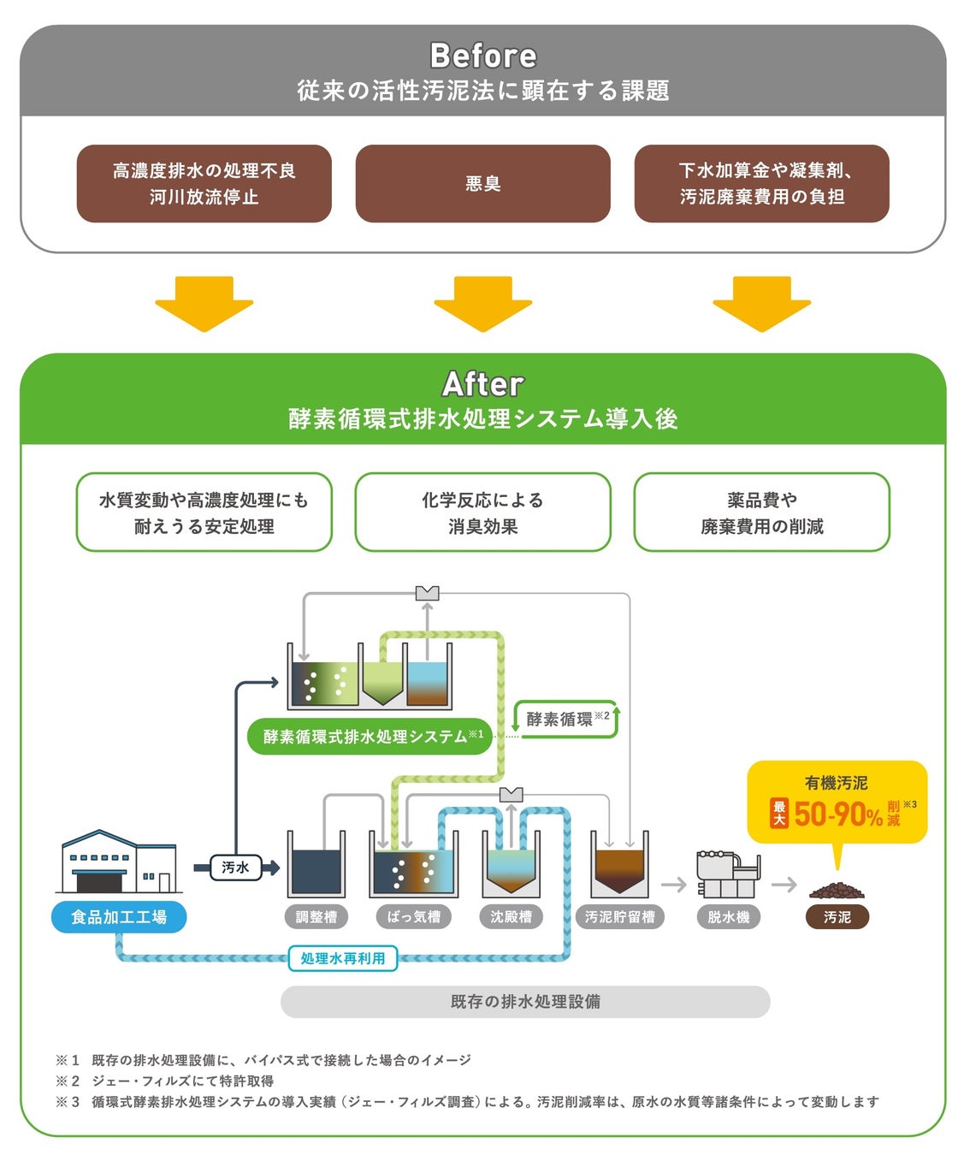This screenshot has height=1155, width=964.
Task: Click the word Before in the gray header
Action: click(482, 56)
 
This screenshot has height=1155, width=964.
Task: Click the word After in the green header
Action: click(482, 384)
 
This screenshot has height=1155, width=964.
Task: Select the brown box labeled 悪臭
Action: click(482, 184)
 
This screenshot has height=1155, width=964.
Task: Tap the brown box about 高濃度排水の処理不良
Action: click(204, 184)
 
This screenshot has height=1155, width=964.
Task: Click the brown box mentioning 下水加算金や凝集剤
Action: click(761, 184)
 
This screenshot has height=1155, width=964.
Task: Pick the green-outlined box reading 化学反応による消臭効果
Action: click(482, 512)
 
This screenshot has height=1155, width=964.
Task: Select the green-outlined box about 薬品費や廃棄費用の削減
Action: click(761, 512)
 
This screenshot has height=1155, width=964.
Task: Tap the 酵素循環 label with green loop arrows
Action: click(565, 720)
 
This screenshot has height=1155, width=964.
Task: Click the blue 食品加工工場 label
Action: click(119, 917)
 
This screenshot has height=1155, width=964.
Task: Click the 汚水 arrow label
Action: click(235, 868)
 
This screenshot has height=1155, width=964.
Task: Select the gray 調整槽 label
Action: click(316, 917)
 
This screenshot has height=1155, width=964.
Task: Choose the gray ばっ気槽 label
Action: click(414, 917)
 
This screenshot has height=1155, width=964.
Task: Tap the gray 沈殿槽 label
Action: click(511, 917)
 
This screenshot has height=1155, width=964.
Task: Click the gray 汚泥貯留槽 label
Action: click(619, 917)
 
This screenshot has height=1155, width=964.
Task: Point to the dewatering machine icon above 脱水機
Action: click(727, 874)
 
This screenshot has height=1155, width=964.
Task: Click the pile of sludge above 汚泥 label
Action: click(837, 891)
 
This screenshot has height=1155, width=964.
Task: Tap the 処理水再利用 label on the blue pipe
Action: click(342, 958)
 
